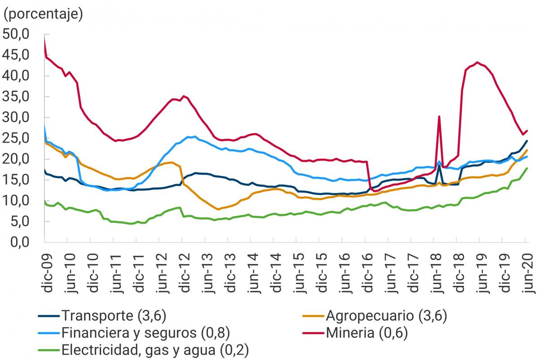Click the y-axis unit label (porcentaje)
pyautogui.click(x=43, y=14)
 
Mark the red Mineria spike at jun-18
pyautogui.click(x=439, y=117)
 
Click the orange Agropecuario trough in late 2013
pyautogui.click(x=218, y=209)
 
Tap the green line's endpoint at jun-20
pyautogui.click(x=527, y=168)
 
